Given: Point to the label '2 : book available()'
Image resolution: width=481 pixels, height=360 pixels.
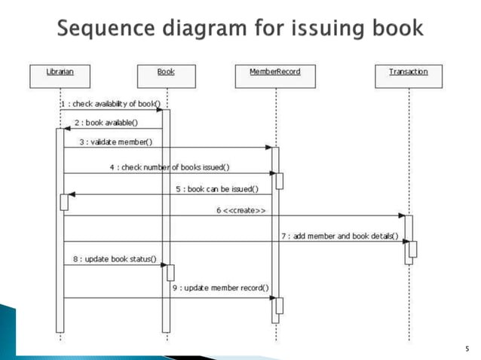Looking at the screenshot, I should (106, 122).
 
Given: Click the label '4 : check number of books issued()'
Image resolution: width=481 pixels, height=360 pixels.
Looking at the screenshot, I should (170, 167).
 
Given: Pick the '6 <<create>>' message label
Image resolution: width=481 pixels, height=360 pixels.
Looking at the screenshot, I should (240, 209).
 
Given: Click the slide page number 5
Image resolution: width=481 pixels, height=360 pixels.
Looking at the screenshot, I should (467, 349).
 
